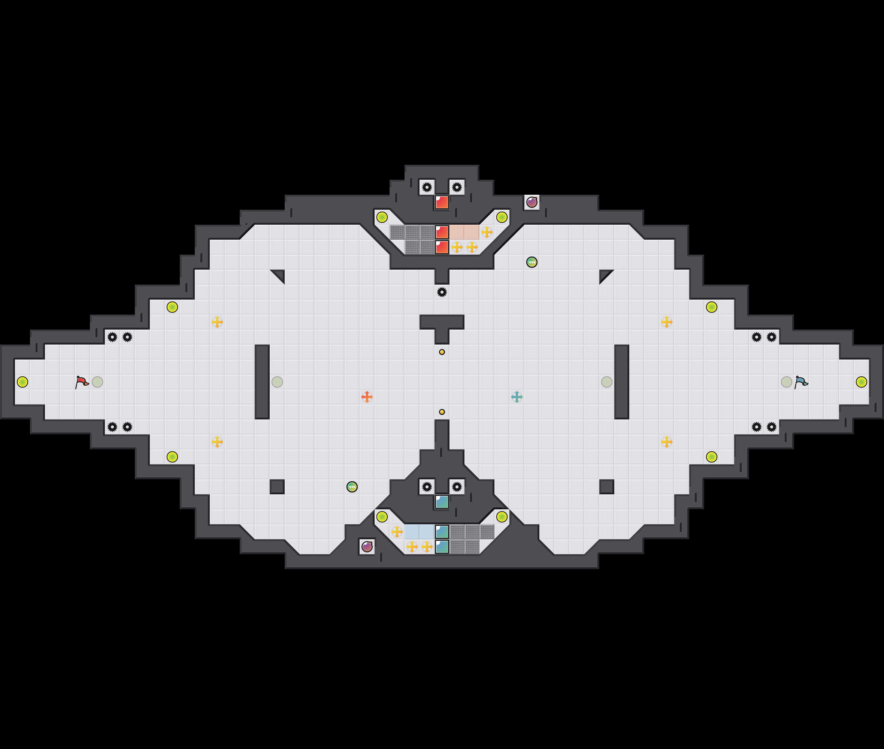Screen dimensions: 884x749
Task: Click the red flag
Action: click(x=82, y=382)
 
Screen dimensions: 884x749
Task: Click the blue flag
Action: click(x=801, y=382)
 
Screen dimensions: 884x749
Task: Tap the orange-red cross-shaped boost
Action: click(x=367, y=397)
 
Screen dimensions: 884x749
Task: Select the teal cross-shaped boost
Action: click(x=517, y=397)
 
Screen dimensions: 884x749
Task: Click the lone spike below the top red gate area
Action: click(x=442, y=292)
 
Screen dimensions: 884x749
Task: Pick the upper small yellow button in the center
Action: click(x=442, y=352)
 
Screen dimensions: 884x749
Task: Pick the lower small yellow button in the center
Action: click(x=442, y=412)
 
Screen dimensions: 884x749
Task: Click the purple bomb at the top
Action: click(x=532, y=202)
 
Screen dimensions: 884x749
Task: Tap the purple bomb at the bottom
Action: click(x=367, y=546)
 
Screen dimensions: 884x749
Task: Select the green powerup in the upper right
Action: click(x=532, y=262)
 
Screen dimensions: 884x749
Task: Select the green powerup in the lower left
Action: click(x=352, y=486)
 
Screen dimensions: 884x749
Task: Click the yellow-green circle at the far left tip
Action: click(x=22, y=382)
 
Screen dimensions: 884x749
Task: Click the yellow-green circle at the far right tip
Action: click(x=862, y=382)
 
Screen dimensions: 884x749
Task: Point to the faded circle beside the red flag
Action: click(x=97, y=382)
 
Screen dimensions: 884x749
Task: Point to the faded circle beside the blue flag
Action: click(x=786, y=382)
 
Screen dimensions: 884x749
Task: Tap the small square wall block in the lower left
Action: click(x=277, y=486)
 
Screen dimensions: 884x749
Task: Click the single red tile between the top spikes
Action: click(x=442, y=202)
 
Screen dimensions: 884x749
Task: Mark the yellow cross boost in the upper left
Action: click(x=217, y=322)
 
